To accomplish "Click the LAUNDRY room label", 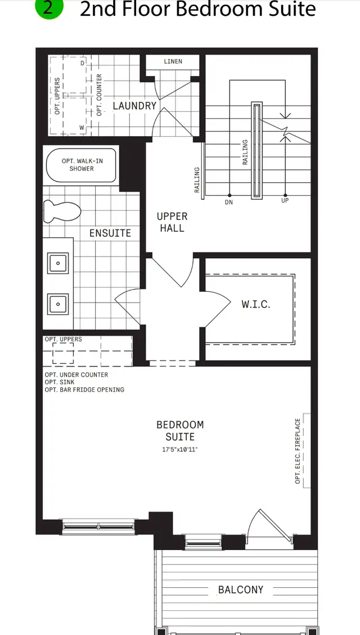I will (x=134, y=106).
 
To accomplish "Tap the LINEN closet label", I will (x=173, y=61).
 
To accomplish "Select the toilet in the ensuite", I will (x=60, y=211).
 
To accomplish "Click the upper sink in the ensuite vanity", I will (x=57, y=262).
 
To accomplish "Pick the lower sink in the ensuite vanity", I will (x=57, y=304).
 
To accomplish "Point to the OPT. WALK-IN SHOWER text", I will (x=82, y=165).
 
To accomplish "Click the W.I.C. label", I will (x=256, y=304).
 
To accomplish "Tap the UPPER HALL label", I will (x=172, y=222).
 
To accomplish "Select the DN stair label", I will (x=229, y=201).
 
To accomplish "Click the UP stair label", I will (x=285, y=201).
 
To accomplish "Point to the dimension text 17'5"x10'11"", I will (x=180, y=449).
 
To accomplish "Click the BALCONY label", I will (x=240, y=589).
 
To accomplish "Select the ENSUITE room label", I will (x=110, y=233).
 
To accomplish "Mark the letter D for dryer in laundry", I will (x=83, y=63).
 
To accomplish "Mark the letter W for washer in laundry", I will (x=83, y=127).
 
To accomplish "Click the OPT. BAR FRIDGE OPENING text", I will (x=84, y=390).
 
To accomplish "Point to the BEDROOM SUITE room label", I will (x=180, y=430).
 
